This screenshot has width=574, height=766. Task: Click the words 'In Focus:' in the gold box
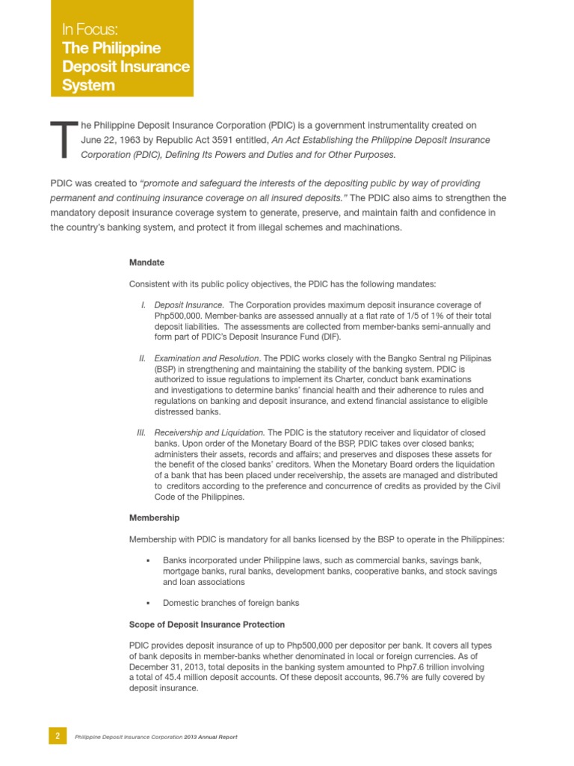tap(90, 31)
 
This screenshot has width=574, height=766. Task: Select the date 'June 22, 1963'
tap(112, 140)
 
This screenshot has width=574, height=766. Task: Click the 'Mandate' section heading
tap(146, 263)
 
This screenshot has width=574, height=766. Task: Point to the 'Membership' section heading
tap(154, 518)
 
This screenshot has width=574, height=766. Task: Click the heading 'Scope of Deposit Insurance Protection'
tap(206, 624)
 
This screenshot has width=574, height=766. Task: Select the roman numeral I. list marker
tap(143, 305)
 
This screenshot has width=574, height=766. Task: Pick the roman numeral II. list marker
tap(142, 359)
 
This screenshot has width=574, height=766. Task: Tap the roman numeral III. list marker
tap(141, 433)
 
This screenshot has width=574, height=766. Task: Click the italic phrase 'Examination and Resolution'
tap(207, 359)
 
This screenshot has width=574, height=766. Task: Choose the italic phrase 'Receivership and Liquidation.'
tap(209, 433)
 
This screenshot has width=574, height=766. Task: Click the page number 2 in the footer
tap(58, 736)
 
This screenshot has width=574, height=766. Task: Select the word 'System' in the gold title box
tap(88, 85)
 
